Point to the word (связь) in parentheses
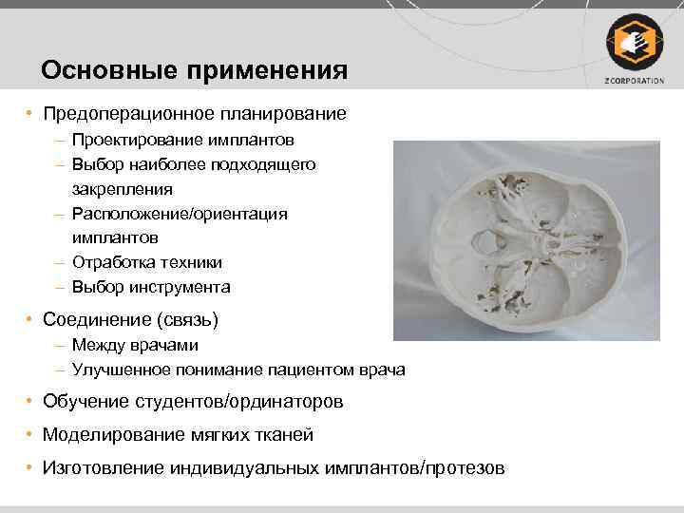tap(187, 317)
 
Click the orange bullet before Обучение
tap(31, 402)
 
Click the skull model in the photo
tap(526, 240)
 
